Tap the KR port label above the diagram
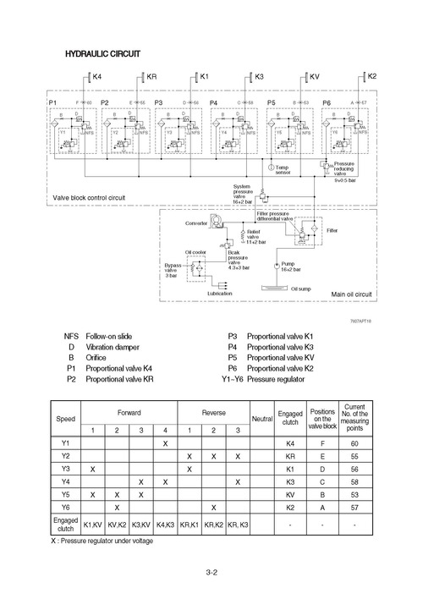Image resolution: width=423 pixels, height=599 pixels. point(152,77)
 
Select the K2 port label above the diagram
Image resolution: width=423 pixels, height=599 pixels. point(372,77)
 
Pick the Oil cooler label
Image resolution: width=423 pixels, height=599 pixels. point(196,251)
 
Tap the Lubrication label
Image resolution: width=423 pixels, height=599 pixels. point(221,293)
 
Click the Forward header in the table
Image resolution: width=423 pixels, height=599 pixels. point(129,410)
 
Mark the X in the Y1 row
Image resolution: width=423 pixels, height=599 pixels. point(165,443)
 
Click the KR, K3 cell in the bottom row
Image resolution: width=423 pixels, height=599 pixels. point(239,525)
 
